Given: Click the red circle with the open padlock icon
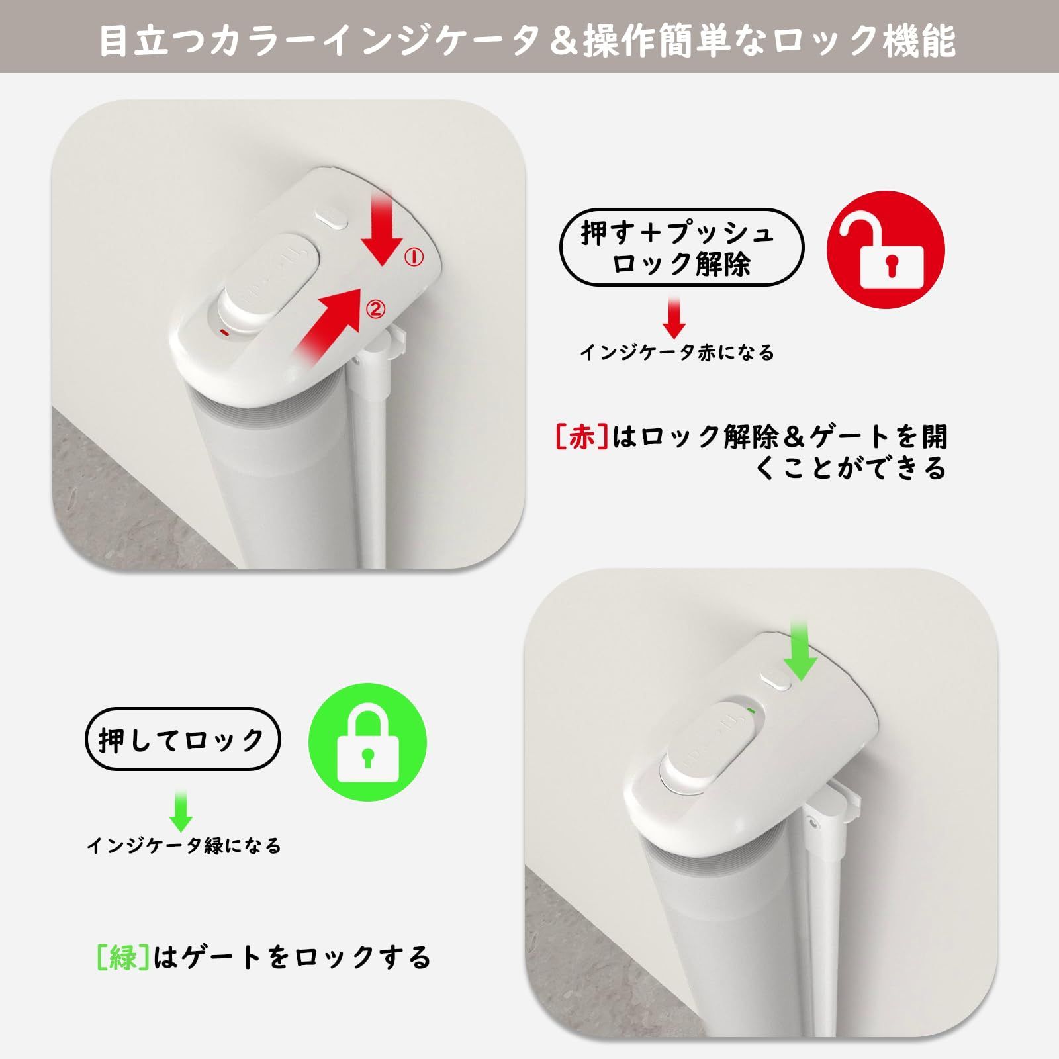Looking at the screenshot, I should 886,250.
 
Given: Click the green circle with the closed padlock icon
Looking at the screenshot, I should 367,742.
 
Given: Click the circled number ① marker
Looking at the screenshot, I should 414,257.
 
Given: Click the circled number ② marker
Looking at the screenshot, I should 375,308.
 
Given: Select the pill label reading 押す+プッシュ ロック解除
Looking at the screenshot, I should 681,248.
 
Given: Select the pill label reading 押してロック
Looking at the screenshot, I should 183,739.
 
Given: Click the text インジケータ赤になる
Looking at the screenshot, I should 677,353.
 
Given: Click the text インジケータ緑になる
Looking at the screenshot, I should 184,846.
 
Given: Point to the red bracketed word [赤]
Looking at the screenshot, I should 580,437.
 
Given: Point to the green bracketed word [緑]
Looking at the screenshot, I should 121,958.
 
